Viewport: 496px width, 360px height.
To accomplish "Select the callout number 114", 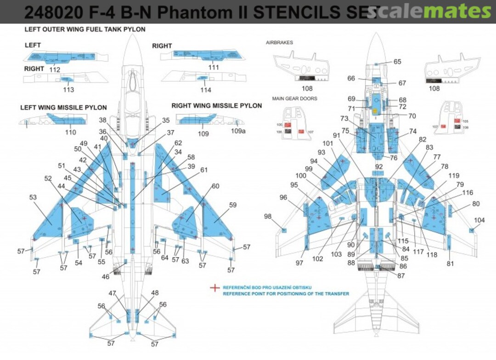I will pyautogui.click(x=206, y=90).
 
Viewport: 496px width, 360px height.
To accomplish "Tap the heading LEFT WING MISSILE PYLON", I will pyautogui.click(x=63, y=107).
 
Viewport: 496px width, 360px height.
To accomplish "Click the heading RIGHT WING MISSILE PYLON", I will pyautogui.click(x=217, y=106).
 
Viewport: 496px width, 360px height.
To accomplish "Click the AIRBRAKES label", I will pyautogui.click(x=279, y=42).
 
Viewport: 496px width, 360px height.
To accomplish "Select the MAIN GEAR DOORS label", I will pyautogui.click(x=294, y=98).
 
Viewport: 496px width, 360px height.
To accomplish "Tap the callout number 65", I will pyautogui.click(x=397, y=62).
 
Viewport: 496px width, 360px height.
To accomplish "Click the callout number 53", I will pyautogui.click(x=33, y=197).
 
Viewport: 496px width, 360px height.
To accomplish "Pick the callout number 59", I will pyautogui.click(x=233, y=205).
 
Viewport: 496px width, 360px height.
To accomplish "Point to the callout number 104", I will pyautogui.click(x=479, y=220).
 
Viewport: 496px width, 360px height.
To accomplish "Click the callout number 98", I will pyautogui.click(x=268, y=216).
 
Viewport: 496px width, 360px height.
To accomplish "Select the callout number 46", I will pyautogui.click(x=106, y=277).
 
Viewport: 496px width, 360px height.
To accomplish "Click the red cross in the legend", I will pyautogui.click(x=214, y=288).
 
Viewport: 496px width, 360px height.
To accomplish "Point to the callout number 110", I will pyautogui.click(x=70, y=132).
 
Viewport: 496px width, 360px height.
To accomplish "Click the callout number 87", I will pyautogui.click(x=388, y=275).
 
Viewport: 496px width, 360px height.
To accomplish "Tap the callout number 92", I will pyautogui.click(x=379, y=166).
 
